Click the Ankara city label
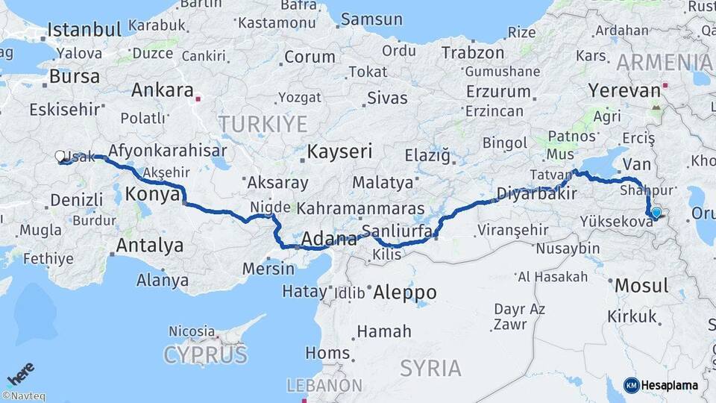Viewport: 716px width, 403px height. tap(162, 90)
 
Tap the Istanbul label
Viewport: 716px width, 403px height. tap(84, 30)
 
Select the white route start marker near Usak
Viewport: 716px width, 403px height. tap(60, 156)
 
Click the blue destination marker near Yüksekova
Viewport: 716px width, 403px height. tap(656, 213)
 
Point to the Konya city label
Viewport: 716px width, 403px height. tap(153, 194)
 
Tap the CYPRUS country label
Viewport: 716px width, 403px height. tap(205, 354)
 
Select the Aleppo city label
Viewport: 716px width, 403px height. tap(405, 291)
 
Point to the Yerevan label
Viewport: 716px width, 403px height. tap(624, 90)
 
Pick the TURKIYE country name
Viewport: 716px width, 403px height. tap(263, 123)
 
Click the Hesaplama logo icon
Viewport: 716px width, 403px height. tap(632, 385)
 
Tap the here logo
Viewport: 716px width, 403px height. tap(20, 372)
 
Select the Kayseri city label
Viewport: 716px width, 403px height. tap(339, 151)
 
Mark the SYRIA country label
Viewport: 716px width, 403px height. tap(430, 367)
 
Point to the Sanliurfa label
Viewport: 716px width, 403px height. tap(396, 231)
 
